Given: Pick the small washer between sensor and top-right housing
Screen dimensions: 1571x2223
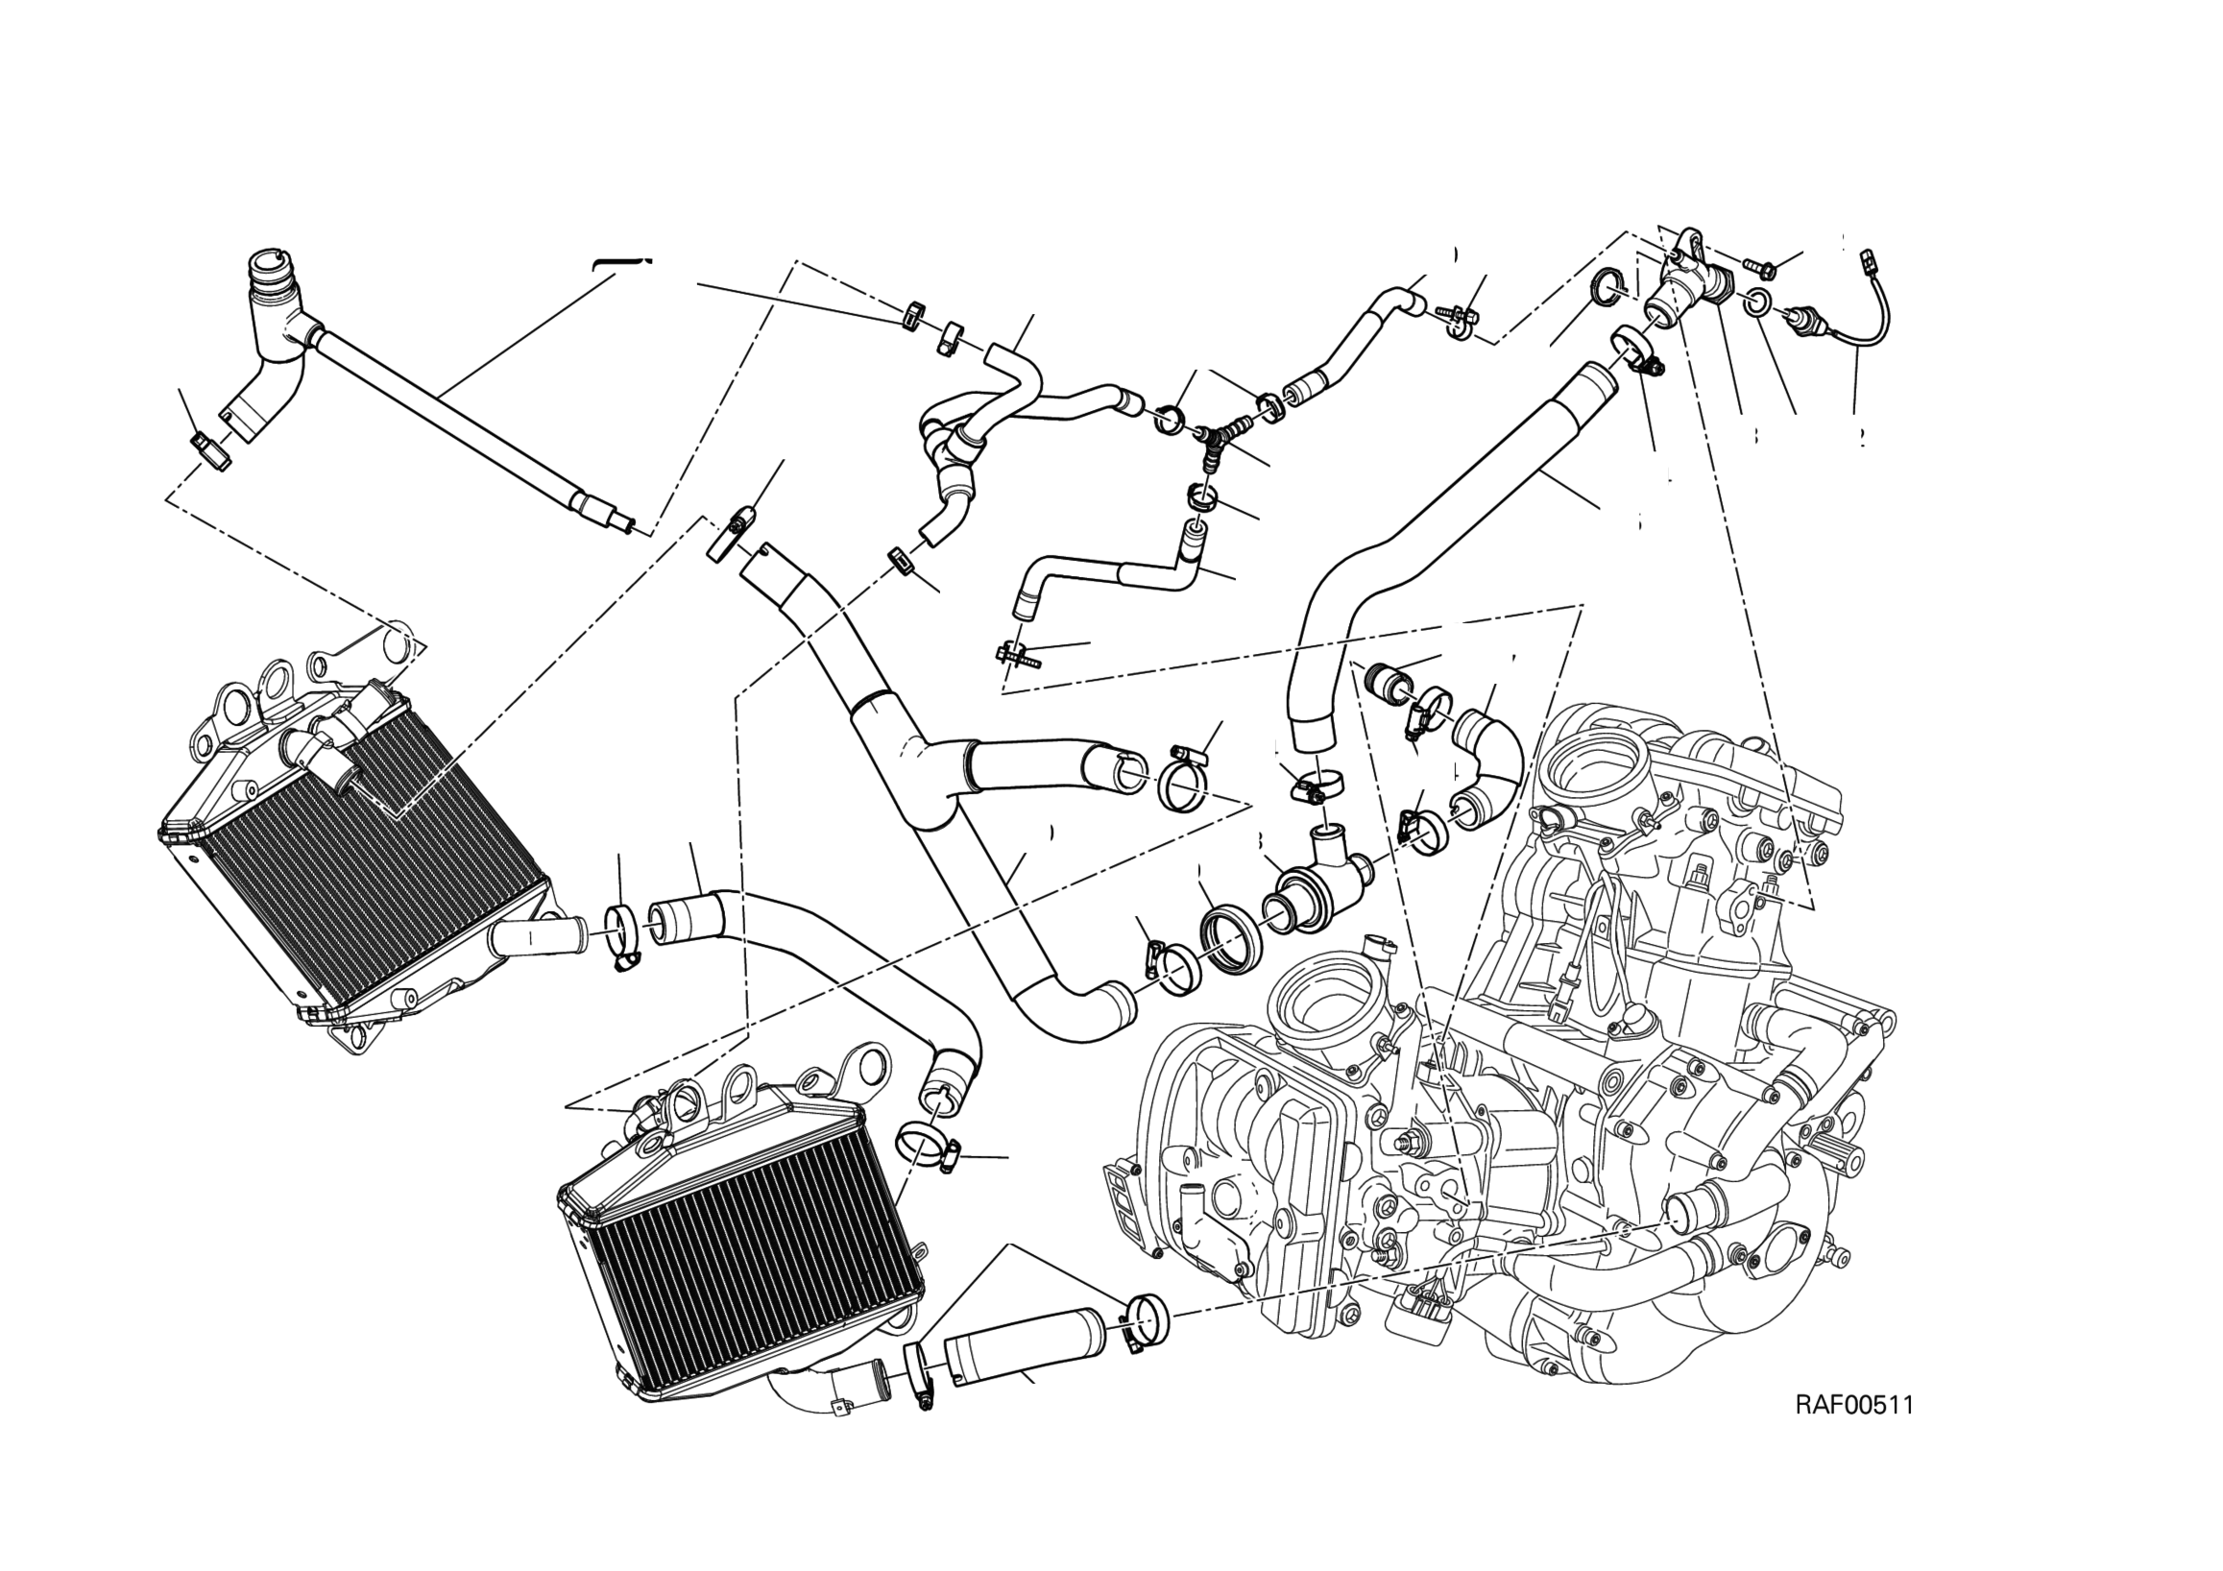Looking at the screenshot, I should pyautogui.click(x=1760, y=303).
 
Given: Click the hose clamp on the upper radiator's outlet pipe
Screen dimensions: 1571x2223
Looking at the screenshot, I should pyautogui.click(x=623, y=934).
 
